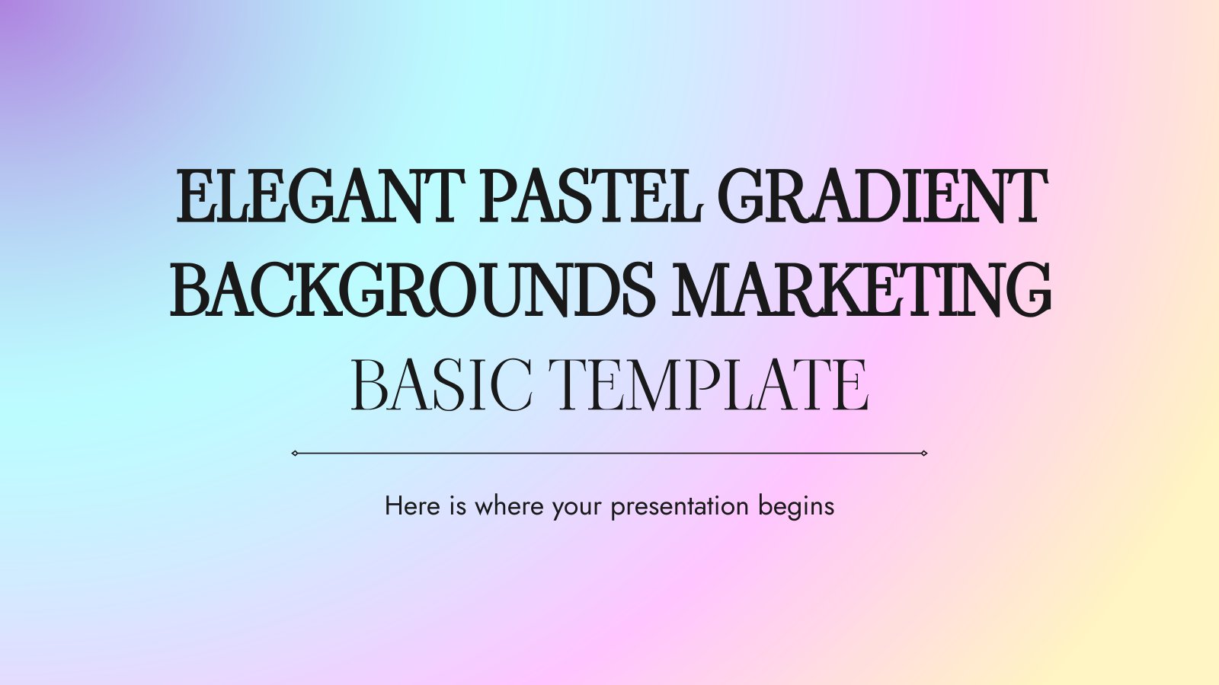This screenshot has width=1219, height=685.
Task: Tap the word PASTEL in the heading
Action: (590, 196)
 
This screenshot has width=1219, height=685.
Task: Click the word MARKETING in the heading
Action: (861, 290)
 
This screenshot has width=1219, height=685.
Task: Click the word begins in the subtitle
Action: (796, 508)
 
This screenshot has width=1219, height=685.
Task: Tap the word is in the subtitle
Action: (458, 506)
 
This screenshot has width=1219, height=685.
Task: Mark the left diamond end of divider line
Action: (294, 453)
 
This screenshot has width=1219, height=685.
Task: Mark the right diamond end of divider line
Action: (923, 453)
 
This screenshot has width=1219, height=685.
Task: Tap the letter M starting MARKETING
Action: (706, 290)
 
